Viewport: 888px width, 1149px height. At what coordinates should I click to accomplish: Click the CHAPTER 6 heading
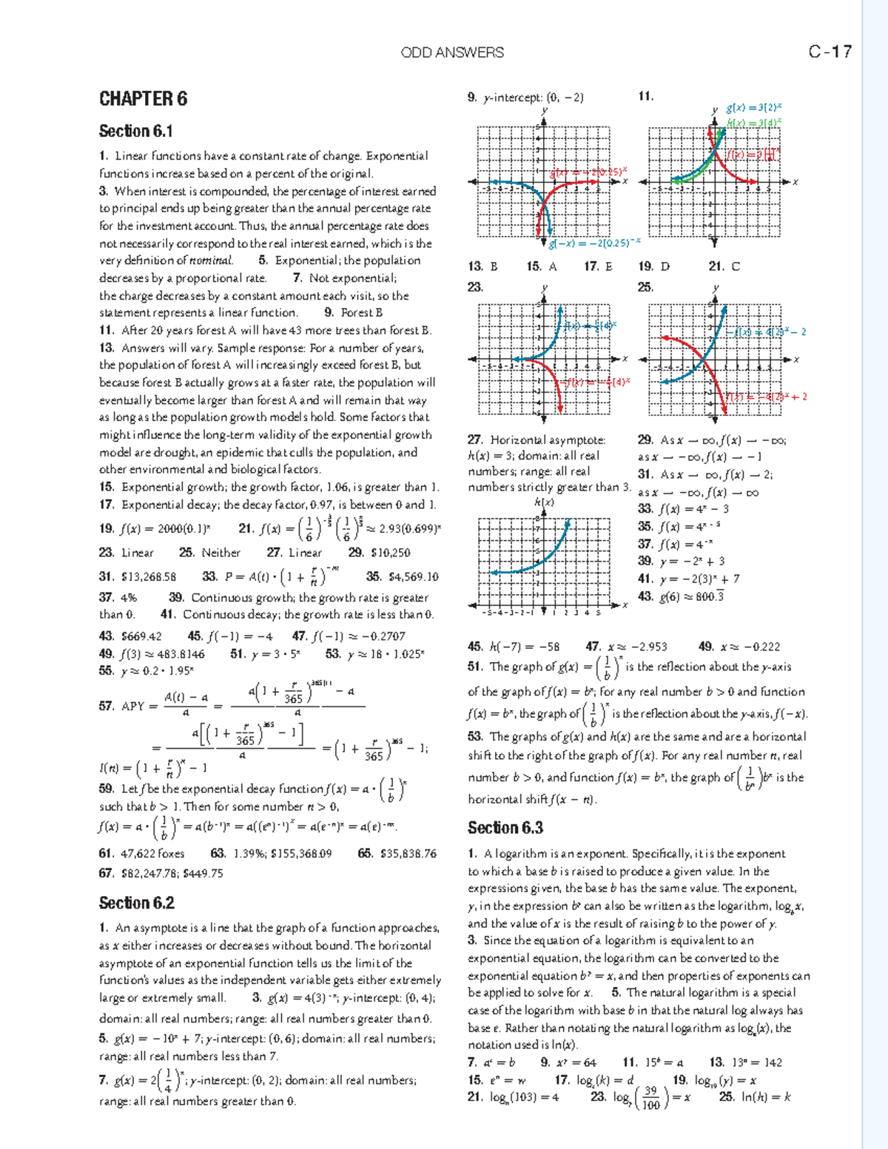pos(143,99)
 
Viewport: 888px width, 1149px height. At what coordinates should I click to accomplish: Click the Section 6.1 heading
pos(136,132)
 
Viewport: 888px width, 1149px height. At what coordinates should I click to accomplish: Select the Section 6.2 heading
pos(137,903)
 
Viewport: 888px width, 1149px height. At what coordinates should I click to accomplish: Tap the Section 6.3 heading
pos(505,828)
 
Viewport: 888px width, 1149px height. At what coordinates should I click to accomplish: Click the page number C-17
pos(830,52)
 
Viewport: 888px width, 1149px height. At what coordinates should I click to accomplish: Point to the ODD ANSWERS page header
pos(452,53)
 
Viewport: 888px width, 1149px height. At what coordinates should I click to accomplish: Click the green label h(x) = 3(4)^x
pos(754,123)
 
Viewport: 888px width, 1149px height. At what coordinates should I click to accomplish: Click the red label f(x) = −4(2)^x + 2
pos(767,397)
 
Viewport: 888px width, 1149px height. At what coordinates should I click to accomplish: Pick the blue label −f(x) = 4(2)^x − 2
pos(767,332)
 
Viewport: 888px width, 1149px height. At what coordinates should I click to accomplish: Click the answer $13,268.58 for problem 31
pos(148,577)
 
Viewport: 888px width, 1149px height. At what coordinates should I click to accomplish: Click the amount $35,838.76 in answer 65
pos(409,854)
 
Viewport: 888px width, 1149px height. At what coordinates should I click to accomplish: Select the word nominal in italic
pos(211,261)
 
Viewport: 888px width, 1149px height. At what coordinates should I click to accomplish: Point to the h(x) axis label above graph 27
pos(544,502)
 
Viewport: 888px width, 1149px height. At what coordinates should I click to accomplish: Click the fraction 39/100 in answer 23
pos(650,1098)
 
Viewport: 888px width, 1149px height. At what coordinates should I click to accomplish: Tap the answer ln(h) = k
pos(765,1097)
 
